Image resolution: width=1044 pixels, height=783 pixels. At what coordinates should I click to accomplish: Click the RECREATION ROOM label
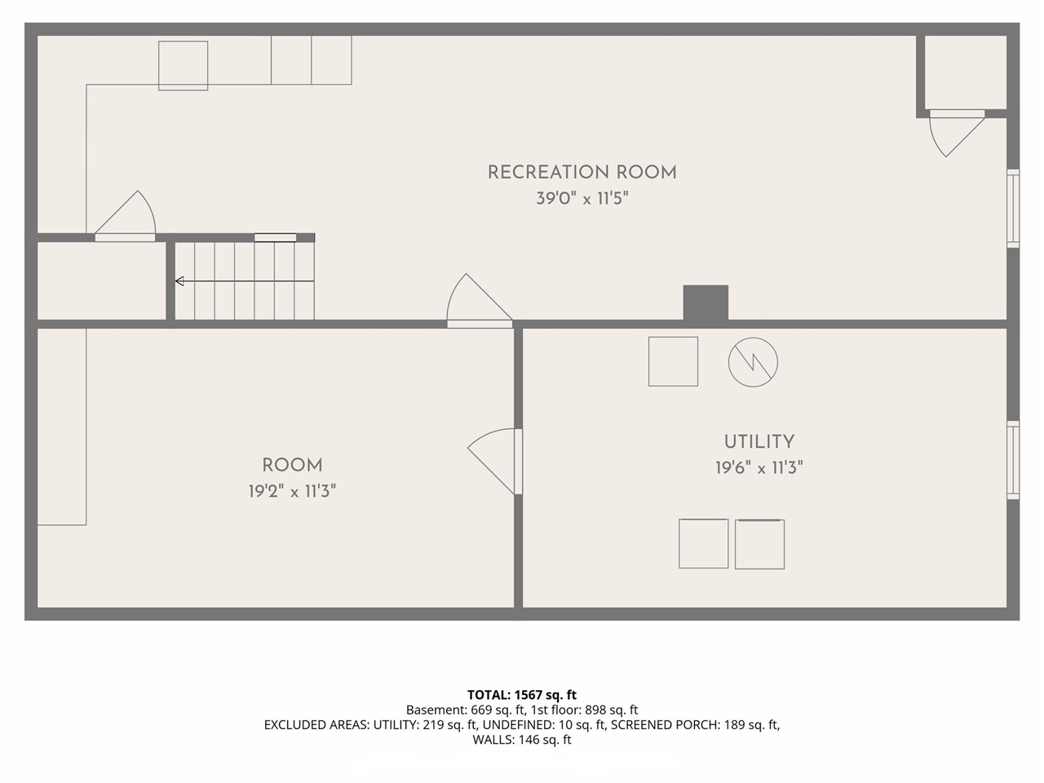(582, 173)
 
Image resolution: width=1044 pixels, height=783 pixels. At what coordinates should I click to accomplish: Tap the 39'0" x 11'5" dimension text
(582, 198)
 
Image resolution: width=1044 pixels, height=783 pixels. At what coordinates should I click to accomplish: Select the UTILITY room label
(759, 442)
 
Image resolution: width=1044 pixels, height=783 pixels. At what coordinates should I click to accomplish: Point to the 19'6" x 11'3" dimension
(759, 468)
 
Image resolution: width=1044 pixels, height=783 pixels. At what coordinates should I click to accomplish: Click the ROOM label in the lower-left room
(293, 466)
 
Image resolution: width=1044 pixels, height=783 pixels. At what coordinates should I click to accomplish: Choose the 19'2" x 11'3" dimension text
(293, 491)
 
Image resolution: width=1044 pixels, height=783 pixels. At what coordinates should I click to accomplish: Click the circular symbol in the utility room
(753, 362)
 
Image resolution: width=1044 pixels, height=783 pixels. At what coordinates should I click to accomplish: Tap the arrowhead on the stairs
(179, 281)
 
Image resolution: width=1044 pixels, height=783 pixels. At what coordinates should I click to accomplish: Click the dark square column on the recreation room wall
(706, 303)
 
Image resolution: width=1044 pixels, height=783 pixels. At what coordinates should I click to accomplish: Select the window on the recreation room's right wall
(1013, 208)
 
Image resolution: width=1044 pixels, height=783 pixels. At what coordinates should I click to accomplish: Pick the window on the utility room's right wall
(1013, 460)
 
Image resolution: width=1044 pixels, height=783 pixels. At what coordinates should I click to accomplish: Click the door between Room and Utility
(494, 462)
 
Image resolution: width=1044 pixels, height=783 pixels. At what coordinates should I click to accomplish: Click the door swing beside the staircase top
(126, 216)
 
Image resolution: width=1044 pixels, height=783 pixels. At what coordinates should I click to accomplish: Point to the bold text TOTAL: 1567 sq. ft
(522, 695)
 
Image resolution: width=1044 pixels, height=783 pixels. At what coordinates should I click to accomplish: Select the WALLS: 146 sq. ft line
(522, 740)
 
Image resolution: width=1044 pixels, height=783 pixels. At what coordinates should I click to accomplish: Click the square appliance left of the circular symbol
(673, 362)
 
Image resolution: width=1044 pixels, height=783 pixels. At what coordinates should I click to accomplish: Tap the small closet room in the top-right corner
(965, 73)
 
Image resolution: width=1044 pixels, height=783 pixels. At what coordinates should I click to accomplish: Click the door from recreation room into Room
(480, 301)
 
